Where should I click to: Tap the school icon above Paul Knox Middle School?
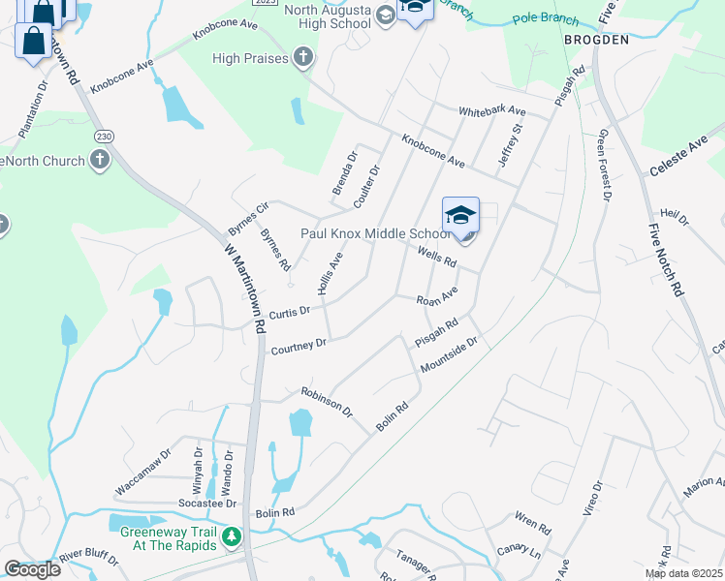click(460, 215)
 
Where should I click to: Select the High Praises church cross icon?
click(304, 58)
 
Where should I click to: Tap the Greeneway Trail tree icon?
click(231, 535)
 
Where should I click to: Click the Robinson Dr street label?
click(327, 400)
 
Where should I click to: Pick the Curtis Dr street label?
click(289, 313)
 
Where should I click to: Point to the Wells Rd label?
click(436, 257)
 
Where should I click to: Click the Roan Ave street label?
click(436, 298)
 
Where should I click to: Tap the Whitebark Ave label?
click(491, 111)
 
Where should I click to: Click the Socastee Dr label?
click(207, 504)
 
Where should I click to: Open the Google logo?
click(32, 569)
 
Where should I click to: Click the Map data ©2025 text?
click(684, 573)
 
